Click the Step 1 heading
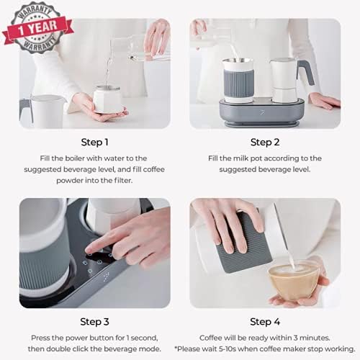94,143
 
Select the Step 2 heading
265,143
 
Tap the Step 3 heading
94,322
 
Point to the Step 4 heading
265,322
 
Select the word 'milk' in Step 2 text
241,158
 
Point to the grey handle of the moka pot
306,72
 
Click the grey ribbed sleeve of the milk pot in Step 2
238,84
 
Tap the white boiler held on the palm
107,99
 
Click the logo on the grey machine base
262,112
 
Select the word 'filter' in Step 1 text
123,181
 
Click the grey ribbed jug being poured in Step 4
243,243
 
